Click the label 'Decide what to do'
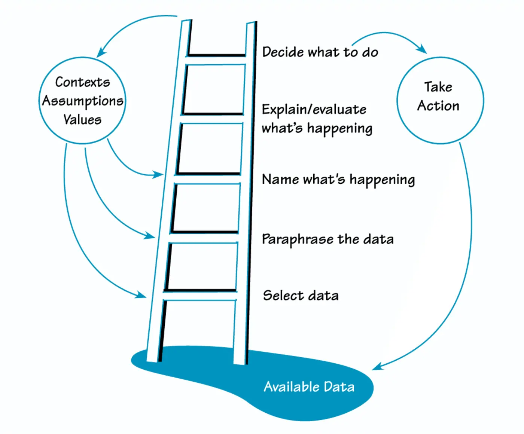320,52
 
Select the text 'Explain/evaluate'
314,110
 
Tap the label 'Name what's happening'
338,180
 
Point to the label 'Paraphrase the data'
327,239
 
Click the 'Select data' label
301,296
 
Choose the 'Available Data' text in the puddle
309,386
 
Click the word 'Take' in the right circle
438,87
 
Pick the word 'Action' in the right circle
438,106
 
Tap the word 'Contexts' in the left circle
82,82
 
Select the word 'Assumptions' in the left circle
83,101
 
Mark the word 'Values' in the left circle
82,120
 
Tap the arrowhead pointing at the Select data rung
141,295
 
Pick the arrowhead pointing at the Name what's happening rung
159,174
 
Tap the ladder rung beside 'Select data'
200,295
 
